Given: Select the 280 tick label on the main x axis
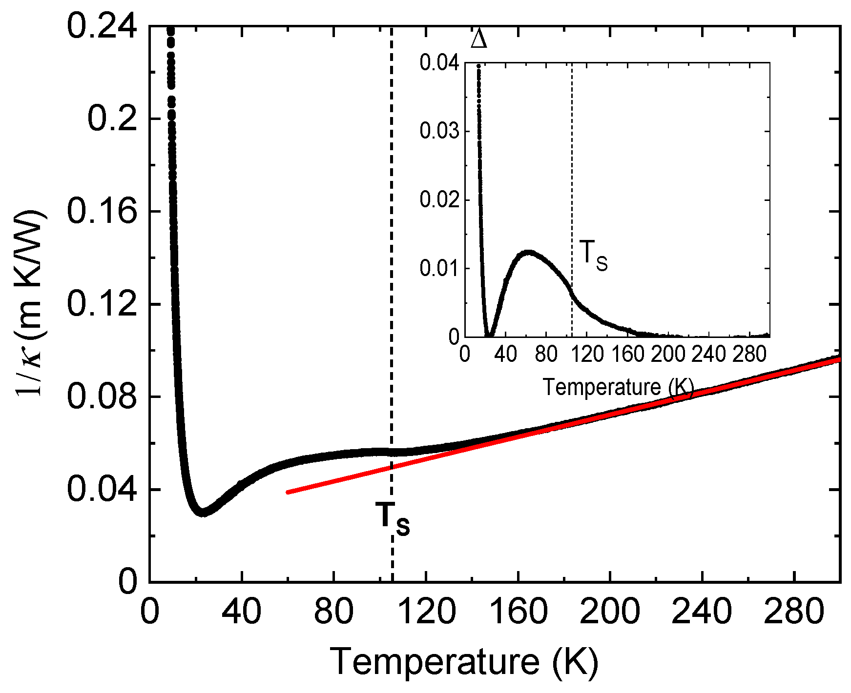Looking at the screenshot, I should [794, 611].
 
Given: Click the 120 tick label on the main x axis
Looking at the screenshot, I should [426, 611].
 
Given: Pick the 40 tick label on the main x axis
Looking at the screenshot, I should [242, 611].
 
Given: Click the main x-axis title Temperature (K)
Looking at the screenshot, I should [464, 662].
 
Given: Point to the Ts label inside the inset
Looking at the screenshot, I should [593, 256].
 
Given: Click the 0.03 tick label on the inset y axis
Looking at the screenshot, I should [439, 131].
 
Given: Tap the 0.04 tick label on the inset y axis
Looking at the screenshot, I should [439, 63].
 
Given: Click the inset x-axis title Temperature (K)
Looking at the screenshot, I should [618, 387].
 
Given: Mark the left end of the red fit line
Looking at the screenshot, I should [288, 492].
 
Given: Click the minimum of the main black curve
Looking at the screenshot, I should [202, 513].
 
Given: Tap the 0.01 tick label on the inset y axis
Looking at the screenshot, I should [439, 268].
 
